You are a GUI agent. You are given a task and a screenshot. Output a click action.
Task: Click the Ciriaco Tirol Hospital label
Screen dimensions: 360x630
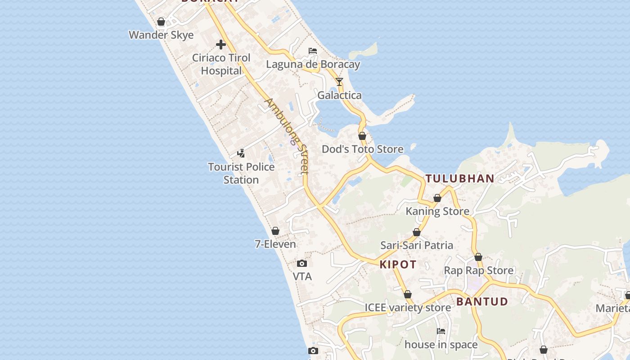click(x=221, y=64)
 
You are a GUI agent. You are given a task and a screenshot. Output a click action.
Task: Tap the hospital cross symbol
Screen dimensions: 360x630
click(x=220, y=45)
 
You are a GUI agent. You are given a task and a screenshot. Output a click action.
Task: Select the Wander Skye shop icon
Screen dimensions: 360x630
click(x=161, y=22)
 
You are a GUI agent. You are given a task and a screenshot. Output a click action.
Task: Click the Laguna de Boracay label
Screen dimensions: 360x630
click(x=313, y=64)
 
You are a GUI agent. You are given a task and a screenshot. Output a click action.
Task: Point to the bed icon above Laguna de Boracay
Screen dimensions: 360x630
click(x=312, y=50)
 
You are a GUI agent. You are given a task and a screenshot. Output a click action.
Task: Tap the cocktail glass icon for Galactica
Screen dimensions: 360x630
click(x=339, y=82)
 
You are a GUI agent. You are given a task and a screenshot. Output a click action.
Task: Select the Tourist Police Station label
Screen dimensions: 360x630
click(x=241, y=173)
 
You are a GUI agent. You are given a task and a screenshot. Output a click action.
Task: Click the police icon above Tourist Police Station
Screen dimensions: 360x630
click(x=241, y=153)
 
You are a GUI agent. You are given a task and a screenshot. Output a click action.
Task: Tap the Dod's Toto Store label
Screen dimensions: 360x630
click(x=362, y=149)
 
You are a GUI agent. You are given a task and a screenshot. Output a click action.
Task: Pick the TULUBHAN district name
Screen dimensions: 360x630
click(x=460, y=179)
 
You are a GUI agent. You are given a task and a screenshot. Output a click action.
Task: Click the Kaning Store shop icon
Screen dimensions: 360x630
click(x=437, y=198)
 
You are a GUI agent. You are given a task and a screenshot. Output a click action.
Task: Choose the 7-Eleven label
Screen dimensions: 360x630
click(x=275, y=244)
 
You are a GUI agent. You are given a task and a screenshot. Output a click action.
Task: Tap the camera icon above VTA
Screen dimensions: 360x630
click(x=302, y=263)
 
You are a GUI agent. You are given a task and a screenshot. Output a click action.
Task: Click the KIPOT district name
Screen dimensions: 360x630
click(x=398, y=265)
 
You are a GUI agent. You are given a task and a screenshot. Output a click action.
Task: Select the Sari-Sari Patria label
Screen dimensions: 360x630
click(x=417, y=245)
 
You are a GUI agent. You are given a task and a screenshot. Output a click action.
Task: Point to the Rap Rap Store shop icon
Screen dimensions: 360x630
click(x=478, y=257)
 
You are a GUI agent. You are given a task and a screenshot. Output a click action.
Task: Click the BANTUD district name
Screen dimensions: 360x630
click(x=482, y=301)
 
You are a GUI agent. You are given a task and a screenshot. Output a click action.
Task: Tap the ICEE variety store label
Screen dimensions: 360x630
click(x=408, y=308)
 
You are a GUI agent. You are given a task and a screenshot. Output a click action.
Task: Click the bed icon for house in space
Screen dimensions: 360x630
click(x=441, y=331)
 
